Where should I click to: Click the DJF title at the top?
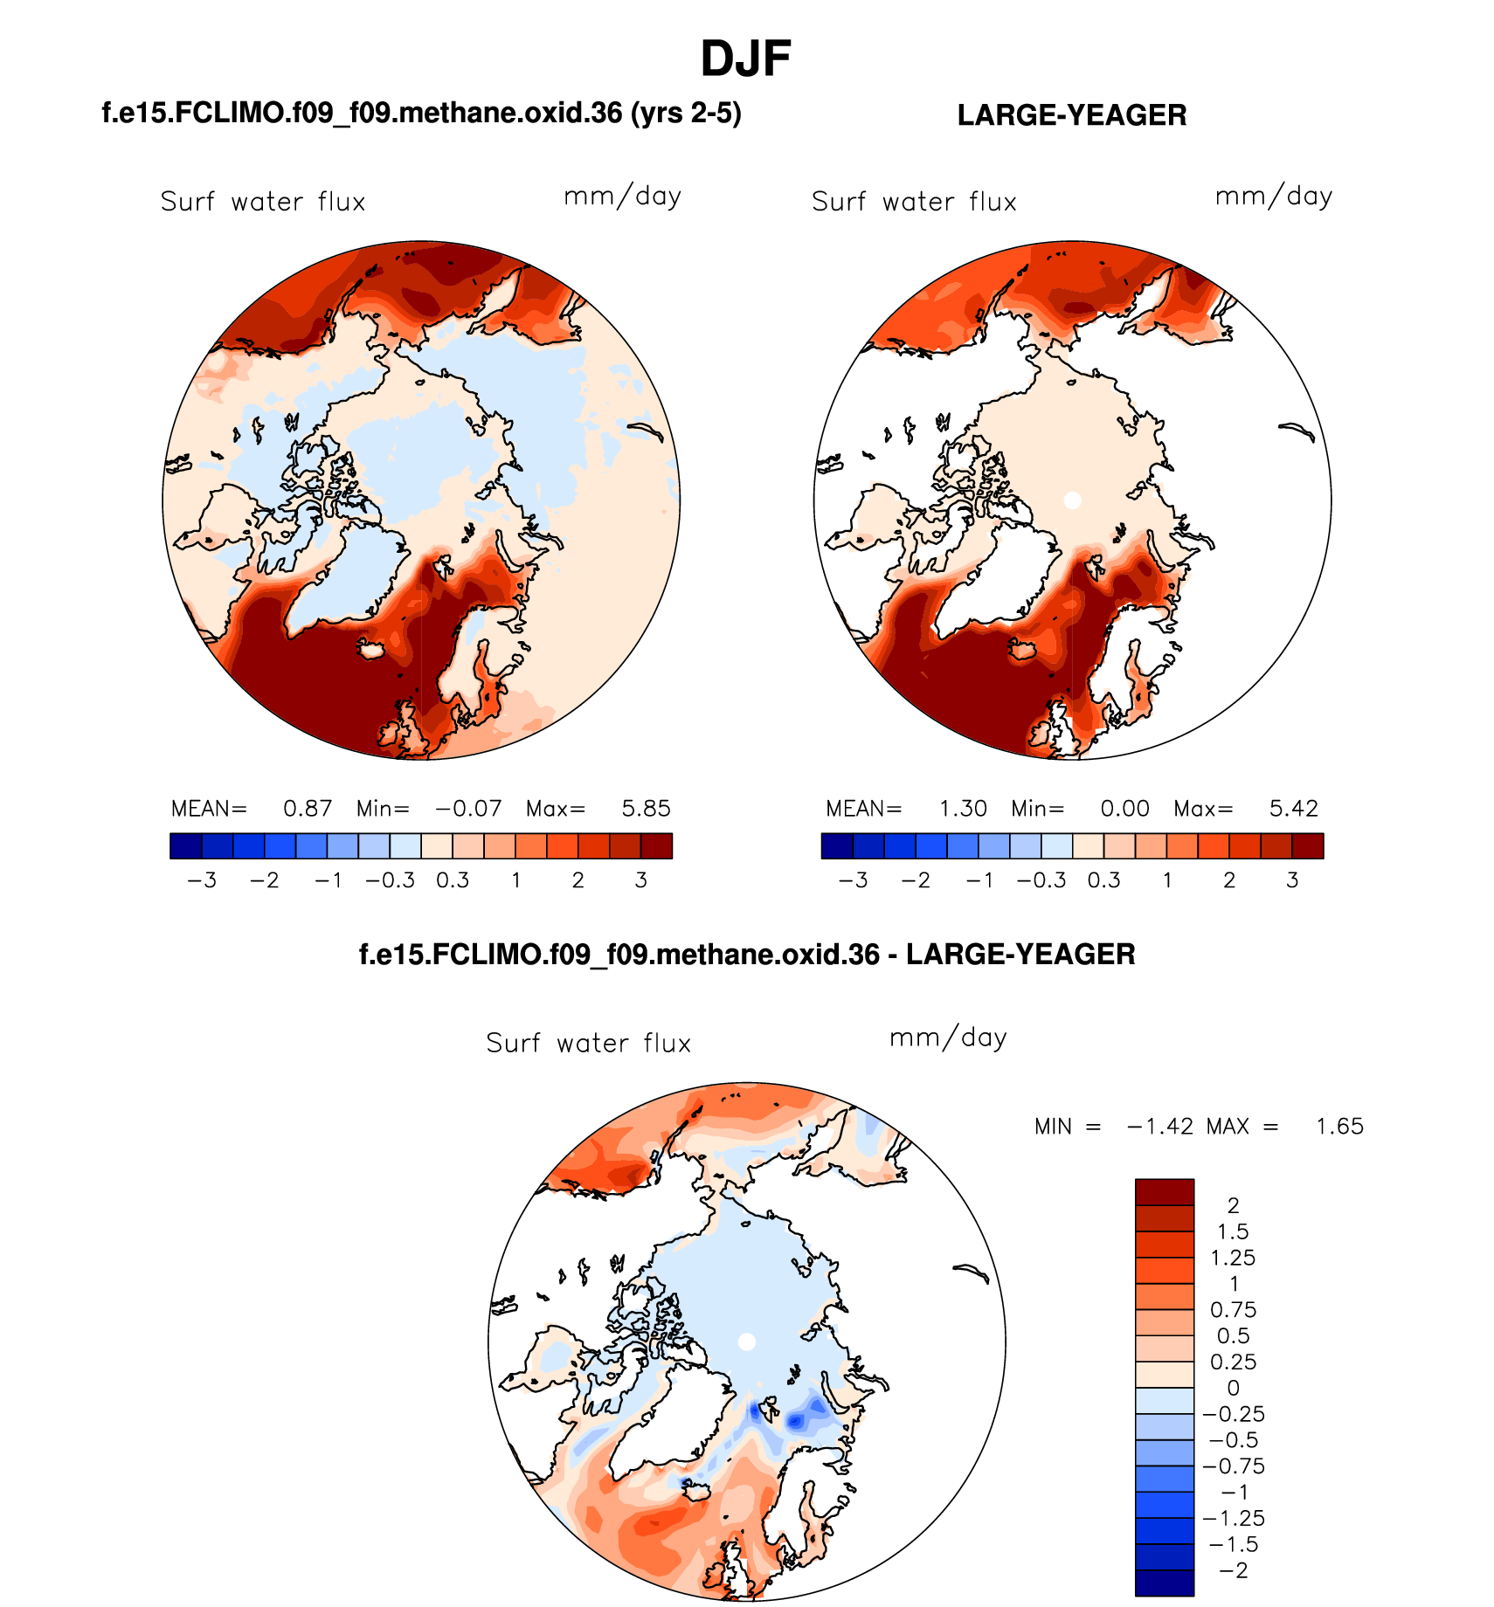[745, 59]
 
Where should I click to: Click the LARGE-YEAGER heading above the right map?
[1071, 115]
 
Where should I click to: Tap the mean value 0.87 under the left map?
[308, 809]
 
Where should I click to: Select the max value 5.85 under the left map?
[646, 809]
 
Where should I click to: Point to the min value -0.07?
[468, 809]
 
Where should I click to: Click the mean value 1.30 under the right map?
[963, 809]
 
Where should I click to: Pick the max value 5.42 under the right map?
[1293, 809]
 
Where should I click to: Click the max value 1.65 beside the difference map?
[1339, 1127]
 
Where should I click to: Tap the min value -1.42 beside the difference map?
[1160, 1127]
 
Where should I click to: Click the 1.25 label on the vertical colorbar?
[1232, 1258]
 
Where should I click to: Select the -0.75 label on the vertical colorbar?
[1233, 1466]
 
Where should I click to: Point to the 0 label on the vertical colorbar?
[1233, 1388]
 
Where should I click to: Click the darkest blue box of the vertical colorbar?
[1164, 1583]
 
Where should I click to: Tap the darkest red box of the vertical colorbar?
[1164, 1192]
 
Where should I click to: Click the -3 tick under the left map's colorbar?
[202, 880]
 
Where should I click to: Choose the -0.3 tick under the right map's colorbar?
[1041, 880]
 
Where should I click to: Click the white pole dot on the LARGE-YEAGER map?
[1073, 500]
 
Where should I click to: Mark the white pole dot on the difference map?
[746, 1341]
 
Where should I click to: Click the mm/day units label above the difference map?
[948, 1038]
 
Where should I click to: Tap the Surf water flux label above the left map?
[263, 203]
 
